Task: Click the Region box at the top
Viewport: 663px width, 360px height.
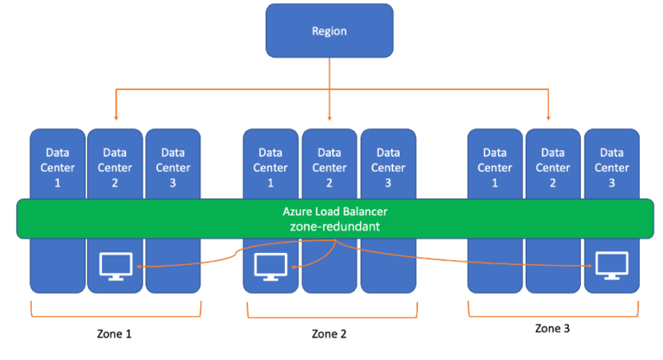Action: pos(330,31)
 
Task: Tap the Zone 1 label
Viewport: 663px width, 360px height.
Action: pos(114,334)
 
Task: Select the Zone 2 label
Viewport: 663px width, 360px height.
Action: pos(329,334)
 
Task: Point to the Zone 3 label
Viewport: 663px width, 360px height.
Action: pos(552,328)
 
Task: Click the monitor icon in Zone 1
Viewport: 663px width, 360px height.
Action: pos(116,266)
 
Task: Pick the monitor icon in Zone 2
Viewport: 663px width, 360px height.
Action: pos(270,267)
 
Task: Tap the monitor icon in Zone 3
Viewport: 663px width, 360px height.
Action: pos(612,265)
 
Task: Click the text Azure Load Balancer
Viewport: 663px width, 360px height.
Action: pos(335,212)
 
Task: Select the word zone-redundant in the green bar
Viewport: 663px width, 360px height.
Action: pos(335,227)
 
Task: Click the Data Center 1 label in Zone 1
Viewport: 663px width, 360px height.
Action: pos(58,167)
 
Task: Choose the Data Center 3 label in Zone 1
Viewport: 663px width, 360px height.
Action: pos(173,167)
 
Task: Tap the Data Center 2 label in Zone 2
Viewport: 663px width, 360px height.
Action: pos(330,167)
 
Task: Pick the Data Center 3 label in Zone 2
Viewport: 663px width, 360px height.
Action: pos(388,167)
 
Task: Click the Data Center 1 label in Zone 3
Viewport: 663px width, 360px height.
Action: pos(495,167)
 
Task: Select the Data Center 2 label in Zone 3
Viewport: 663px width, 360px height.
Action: pos(552,167)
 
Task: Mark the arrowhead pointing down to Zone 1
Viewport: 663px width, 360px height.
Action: pos(116,118)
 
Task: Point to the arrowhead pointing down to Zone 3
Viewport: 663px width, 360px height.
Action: pos(548,118)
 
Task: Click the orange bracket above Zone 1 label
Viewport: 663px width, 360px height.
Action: pos(116,316)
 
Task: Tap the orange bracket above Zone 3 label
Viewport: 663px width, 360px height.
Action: pos(553,316)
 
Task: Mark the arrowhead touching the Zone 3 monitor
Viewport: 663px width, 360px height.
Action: pos(590,266)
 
